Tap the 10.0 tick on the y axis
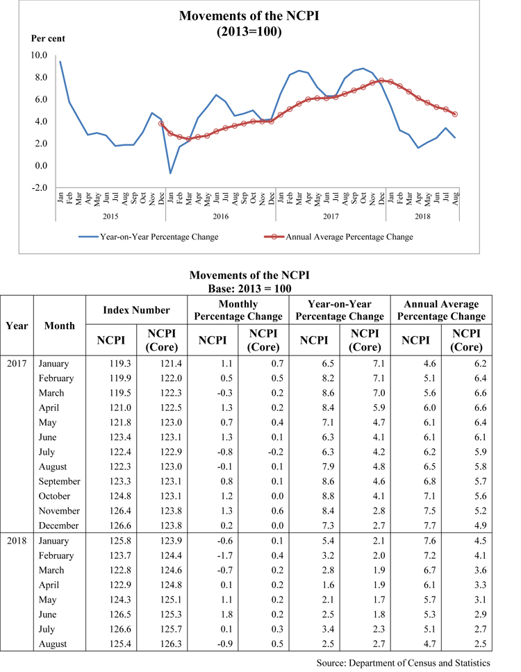[x=38, y=56]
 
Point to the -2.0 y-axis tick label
[x=38, y=187]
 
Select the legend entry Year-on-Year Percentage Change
[x=159, y=237]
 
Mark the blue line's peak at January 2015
[x=60, y=62]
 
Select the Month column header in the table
[x=59, y=325]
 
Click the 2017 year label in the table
[x=17, y=363]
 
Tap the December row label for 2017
[x=59, y=526]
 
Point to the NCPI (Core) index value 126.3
[x=163, y=644]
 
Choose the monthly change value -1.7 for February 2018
[x=213, y=555]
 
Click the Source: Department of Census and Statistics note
[x=403, y=663]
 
